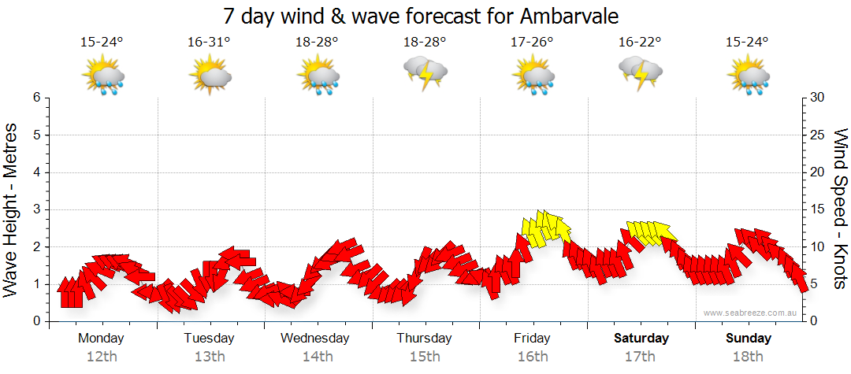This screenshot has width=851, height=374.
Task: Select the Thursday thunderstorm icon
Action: pos(425,73)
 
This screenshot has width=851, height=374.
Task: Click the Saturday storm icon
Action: pos(641,73)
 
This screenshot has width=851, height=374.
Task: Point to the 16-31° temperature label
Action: pos(210,43)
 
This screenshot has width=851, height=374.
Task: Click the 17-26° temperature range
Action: pos(533,43)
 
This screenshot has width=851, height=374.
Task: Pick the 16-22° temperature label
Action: pos(640,43)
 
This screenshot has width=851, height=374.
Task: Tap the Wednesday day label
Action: pos(315,339)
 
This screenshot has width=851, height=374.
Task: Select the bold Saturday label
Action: pos(641,339)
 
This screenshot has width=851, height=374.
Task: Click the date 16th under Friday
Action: pos(533,357)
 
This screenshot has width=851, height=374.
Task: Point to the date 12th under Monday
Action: pos(102,357)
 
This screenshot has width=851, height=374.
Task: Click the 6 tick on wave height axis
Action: pos(36,98)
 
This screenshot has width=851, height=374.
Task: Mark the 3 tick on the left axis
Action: pos(36,209)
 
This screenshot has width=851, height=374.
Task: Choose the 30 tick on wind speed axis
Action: pos(817,98)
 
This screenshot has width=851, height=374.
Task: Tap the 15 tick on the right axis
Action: pos(817,209)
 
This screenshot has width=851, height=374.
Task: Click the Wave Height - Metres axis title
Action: pos(12,209)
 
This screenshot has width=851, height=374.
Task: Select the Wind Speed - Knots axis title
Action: pos(840,209)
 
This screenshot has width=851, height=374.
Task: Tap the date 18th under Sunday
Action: pos(749,357)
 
